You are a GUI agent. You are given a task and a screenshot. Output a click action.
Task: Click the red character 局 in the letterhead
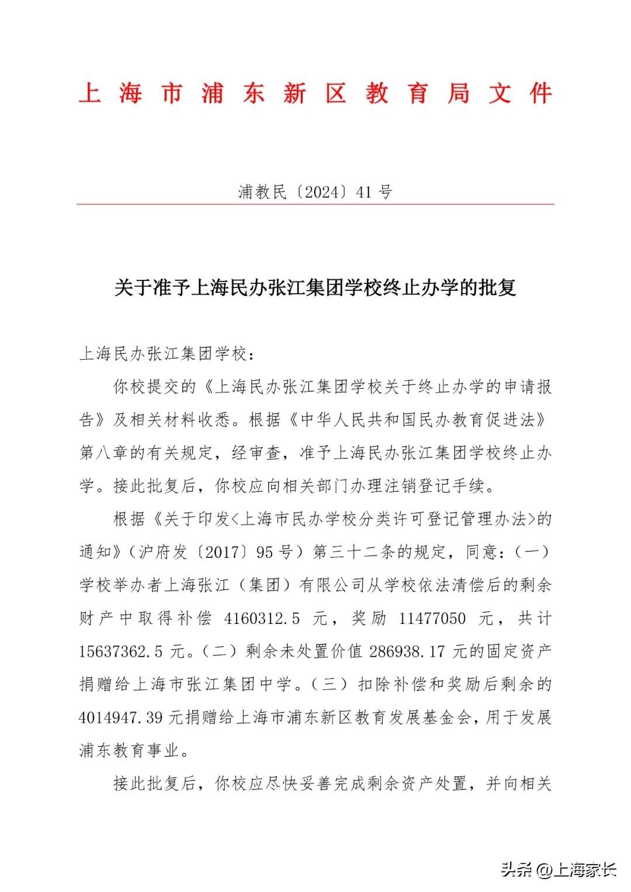(x=459, y=93)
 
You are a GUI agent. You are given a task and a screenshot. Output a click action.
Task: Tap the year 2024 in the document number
(x=323, y=192)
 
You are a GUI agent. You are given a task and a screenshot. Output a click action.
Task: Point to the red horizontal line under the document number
(x=315, y=204)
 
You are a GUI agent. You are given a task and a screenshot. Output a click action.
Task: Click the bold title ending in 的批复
(x=315, y=288)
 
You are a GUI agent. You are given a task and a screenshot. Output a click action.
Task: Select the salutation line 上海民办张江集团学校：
(x=168, y=354)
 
